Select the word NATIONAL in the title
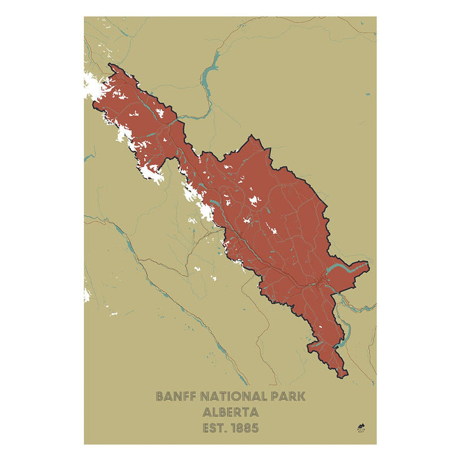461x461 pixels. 230,396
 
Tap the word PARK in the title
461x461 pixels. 287,396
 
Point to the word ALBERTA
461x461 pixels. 230,412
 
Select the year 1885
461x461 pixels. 245,428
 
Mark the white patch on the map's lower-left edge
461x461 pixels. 87,294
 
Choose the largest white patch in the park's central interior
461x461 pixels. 254,201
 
